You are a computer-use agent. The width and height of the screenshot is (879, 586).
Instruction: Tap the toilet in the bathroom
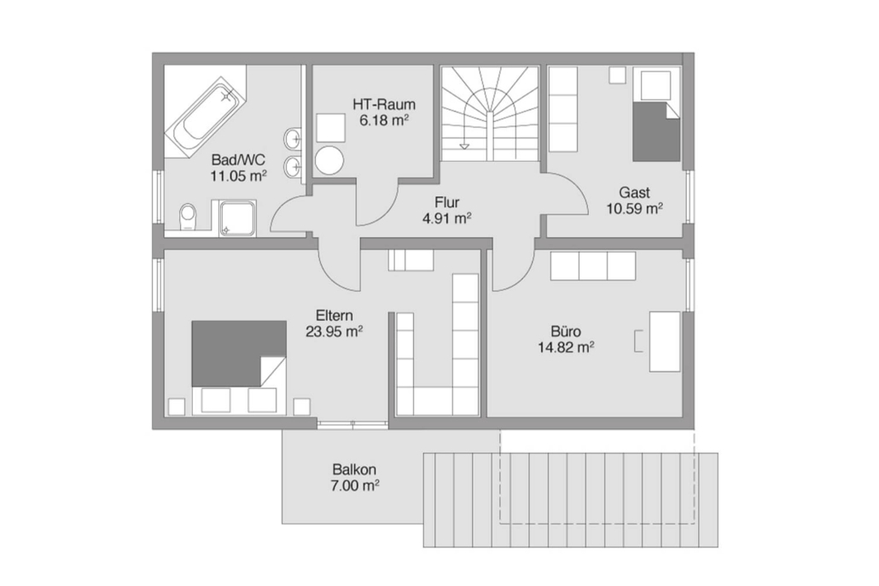tap(189, 217)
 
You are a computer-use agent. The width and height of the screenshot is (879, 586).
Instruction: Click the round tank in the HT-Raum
tap(329, 160)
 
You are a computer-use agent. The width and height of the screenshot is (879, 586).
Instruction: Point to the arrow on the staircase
tap(465, 146)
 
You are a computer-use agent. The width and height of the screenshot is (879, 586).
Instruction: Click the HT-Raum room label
tap(384, 104)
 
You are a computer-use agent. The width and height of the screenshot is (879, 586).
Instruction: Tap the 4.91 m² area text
tap(446, 218)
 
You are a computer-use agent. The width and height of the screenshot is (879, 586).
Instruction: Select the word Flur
tap(447, 202)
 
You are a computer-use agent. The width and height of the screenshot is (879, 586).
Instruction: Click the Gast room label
tap(634, 193)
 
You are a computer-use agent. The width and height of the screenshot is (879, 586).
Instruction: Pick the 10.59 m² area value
tap(635, 209)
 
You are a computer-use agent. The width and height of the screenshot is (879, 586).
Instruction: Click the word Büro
tap(565, 331)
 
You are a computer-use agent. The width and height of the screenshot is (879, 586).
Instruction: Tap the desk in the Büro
tap(664, 341)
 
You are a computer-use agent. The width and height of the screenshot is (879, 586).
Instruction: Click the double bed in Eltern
tap(239, 368)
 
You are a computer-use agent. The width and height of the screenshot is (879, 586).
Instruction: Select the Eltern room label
tap(335, 316)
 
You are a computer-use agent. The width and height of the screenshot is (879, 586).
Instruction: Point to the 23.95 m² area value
tap(335, 332)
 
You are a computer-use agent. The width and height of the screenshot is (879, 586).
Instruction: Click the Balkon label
tap(354, 469)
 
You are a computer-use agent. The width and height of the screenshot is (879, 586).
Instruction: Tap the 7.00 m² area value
tap(355, 485)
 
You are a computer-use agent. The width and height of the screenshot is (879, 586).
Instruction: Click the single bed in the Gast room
tap(656, 115)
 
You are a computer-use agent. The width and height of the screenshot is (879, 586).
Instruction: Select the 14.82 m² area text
tap(566, 347)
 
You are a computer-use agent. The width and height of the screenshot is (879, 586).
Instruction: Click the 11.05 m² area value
tap(238, 176)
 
